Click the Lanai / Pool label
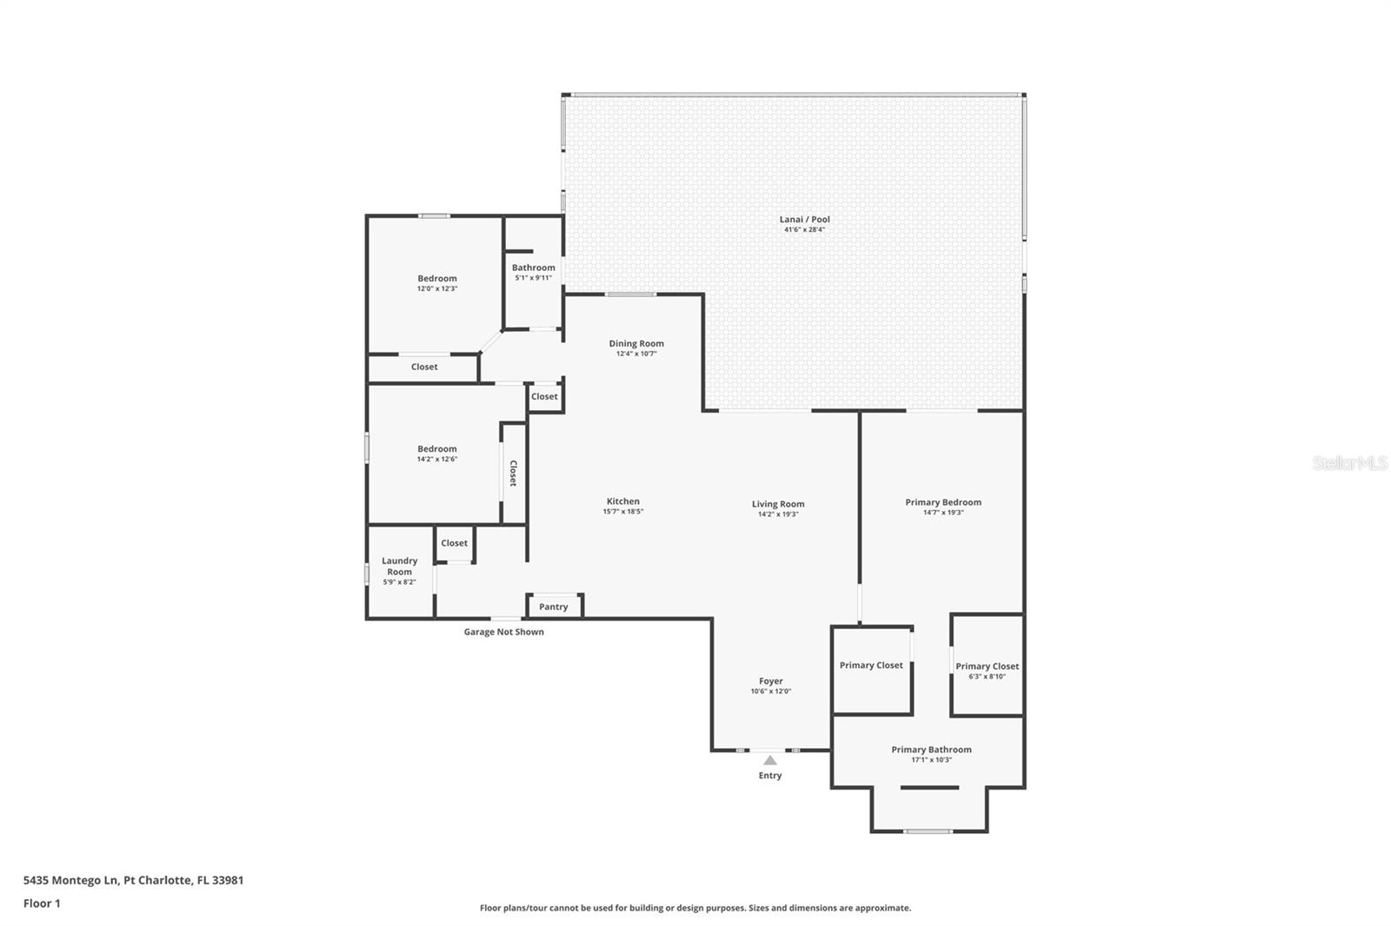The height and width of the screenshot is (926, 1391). (x=804, y=220)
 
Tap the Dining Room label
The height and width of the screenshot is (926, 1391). (x=636, y=344)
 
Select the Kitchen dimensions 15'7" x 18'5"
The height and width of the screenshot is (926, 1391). (x=622, y=512)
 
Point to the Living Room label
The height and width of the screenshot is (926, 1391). (x=778, y=504)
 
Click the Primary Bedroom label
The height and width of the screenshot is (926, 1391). (x=942, y=502)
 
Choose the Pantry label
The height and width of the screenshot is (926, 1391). (x=553, y=607)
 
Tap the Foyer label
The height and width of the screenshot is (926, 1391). (x=770, y=681)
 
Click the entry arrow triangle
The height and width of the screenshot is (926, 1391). (x=769, y=760)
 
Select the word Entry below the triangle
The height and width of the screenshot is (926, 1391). (x=769, y=776)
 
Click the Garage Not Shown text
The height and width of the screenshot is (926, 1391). (x=503, y=632)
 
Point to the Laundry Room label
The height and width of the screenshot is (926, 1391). (x=399, y=566)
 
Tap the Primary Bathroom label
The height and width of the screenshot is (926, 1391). (x=931, y=750)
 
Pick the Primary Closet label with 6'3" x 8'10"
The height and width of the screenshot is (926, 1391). (x=987, y=666)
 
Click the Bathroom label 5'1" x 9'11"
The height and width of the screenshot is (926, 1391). (x=533, y=268)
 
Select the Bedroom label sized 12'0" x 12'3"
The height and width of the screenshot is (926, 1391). (x=436, y=279)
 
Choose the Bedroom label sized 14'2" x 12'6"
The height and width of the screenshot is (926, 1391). (x=436, y=449)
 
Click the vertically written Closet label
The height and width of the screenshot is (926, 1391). (x=513, y=473)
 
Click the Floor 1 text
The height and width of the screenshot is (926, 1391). (x=42, y=903)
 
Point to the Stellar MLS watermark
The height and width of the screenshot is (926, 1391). (x=1349, y=463)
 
